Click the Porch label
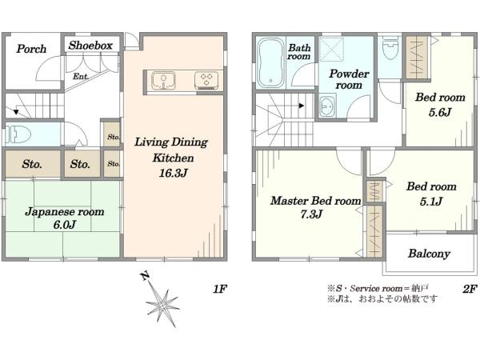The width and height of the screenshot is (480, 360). tap(31, 49)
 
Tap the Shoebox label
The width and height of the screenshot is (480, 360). tap(90, 46)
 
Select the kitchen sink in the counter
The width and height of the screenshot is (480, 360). tap(163, 81)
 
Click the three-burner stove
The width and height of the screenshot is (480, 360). tap(206, 81)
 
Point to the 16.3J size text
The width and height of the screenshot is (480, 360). tap(173, 174)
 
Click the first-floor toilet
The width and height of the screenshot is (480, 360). tap(18, 134)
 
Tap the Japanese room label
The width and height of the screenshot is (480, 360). tap(65, 212)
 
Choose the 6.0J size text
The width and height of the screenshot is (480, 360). tap(65, 225)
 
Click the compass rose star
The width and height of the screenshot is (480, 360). tap(162, 306)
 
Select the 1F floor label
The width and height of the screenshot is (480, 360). tap(220, 289)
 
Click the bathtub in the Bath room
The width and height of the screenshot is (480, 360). tap(270, 62)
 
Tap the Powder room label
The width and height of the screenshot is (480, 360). tap(349, 79)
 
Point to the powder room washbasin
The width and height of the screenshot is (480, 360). tap(327, 106)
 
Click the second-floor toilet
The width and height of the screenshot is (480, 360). tap(390, 49)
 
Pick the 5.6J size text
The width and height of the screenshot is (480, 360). tap(440, 112)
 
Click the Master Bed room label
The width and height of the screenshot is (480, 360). tap(316, 201)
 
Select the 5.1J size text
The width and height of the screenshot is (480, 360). tap(431, 202)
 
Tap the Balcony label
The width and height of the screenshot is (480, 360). tap(429, 254)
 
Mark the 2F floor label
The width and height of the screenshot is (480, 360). tap(470, 289)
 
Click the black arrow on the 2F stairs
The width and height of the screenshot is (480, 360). tap(302, 106)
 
